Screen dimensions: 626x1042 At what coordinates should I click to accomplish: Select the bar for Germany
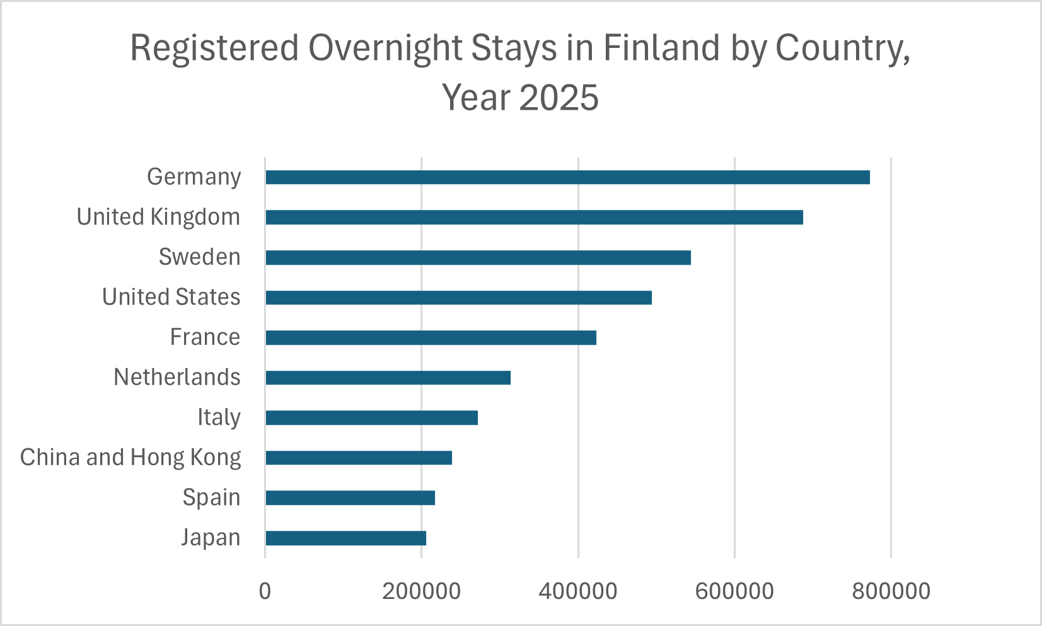coord(567,177)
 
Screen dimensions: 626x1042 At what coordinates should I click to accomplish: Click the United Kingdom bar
coord(534,217)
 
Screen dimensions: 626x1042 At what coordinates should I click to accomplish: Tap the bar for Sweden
coord(478,257)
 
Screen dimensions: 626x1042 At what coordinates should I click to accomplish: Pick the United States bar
coord(458,298)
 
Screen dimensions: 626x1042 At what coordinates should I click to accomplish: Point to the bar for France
coord(431,338)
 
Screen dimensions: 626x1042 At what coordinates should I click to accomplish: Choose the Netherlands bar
coord(388,378)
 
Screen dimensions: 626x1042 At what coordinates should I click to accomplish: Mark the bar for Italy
coord(371,417)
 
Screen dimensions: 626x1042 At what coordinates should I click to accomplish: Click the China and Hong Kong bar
coord(359,458)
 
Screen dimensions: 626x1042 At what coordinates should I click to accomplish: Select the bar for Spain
coord(350,498)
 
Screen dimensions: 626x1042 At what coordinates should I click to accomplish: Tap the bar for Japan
coord(345,538)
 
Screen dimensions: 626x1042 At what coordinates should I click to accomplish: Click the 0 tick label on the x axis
coord(265,591)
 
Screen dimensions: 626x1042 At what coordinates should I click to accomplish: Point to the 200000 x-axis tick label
coord(422,591)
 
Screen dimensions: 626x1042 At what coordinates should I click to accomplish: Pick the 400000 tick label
coord(578,591)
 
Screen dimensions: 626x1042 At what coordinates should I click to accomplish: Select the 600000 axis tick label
coord(734,591)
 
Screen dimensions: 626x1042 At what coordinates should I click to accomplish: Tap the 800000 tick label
coord(891,591)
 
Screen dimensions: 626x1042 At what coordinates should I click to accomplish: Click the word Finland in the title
coord(661,48)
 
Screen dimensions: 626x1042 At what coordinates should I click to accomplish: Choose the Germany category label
coord(194,177)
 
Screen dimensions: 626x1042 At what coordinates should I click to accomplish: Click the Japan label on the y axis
coord(211,538)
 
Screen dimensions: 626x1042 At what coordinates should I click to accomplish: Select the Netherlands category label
coord(177,378)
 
